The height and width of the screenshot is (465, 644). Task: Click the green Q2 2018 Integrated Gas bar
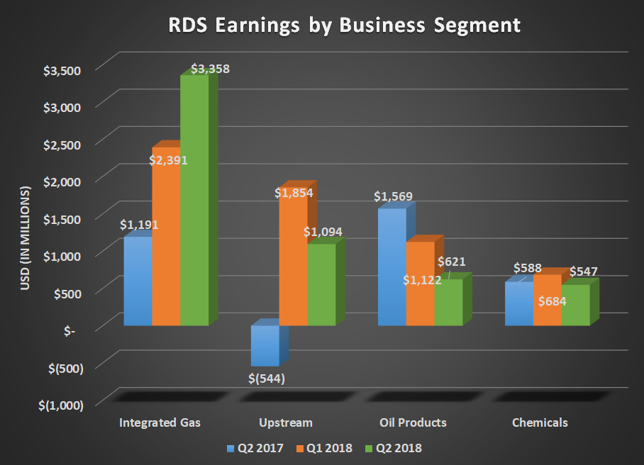tap(194, 206)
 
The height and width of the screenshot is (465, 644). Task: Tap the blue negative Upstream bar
tap(265, 346)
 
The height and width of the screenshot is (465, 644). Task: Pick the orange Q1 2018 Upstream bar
tap(292, 262)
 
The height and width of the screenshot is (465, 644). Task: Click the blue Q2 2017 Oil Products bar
tap(392, 269)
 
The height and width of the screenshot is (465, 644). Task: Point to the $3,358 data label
tap(210, 69)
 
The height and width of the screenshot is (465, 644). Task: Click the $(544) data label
tap(267, 378)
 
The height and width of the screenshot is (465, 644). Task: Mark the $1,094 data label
tap(323, 232)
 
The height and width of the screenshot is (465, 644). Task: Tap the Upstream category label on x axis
tap(286, 422)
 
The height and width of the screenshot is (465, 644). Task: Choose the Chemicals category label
tap(540, 422)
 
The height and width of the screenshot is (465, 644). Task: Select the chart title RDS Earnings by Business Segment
tap(344, 26)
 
